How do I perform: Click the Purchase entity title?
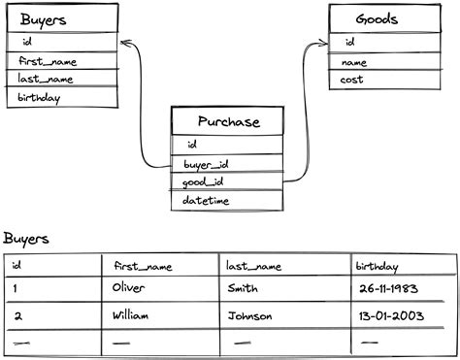coord(228,121)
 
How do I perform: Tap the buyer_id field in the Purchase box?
coord(206,164)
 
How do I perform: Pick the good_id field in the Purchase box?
coord(204,182)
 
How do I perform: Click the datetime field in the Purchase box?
coord(206,201)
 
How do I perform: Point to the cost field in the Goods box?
coord(352,80)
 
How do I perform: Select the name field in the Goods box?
coord(354,62)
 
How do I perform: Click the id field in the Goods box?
coord(349,43)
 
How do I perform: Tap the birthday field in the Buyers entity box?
coord(39,98)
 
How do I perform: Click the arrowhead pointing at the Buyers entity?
coord(123,42)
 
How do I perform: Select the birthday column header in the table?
coord(377,264)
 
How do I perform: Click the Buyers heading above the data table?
coord(26,239)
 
